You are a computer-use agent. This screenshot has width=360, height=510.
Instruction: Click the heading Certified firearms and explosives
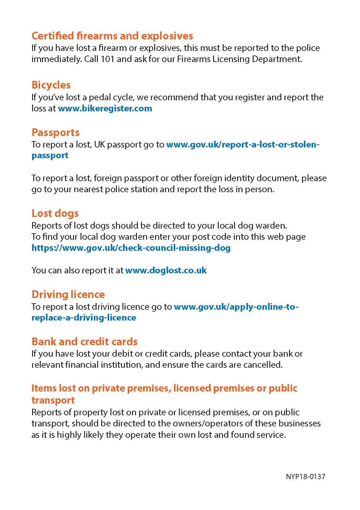click(x=112, y=36)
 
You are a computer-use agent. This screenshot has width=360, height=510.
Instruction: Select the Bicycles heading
click(x=51, y=85)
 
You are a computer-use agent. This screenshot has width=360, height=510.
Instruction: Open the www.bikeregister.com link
click(x=105, y=109)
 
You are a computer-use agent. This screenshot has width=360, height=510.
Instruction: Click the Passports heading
click(x=56, y=132)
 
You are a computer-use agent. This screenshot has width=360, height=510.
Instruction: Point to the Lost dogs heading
click(x=55, y=213)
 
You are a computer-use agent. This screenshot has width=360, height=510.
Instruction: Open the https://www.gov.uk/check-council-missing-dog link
click(x=131, y=248)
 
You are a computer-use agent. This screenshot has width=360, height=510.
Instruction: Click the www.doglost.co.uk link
click(x=166, y=271)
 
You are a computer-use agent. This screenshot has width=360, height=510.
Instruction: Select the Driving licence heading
click(x=68, y=294)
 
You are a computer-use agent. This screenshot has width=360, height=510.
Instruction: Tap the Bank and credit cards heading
click(x=85, y=342)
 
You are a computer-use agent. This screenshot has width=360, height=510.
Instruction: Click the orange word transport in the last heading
click(x=53, y=400)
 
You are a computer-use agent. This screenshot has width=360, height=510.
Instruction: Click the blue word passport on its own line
click(x=50, y=155)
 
